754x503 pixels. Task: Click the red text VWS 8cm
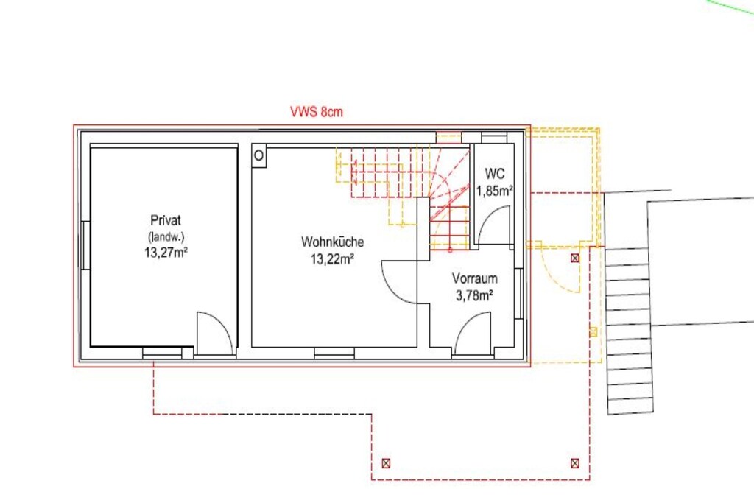[317, 111]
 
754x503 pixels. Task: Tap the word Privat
[166, 220]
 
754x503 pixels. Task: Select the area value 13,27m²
[166, 253]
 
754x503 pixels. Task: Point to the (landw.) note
[166, 236]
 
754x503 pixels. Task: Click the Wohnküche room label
[332, 242]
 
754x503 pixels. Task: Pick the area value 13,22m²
[332, 259]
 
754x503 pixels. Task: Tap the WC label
[494, 173]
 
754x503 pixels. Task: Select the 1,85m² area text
[494, 191]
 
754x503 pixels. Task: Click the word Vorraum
[475, 278]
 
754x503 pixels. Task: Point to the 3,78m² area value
[475, 296]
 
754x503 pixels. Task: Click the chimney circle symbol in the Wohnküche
[258, 155]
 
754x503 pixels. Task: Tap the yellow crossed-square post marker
[593, 332]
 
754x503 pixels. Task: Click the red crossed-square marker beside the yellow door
[575, 258]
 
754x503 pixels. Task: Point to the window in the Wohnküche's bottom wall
[334, 353]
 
